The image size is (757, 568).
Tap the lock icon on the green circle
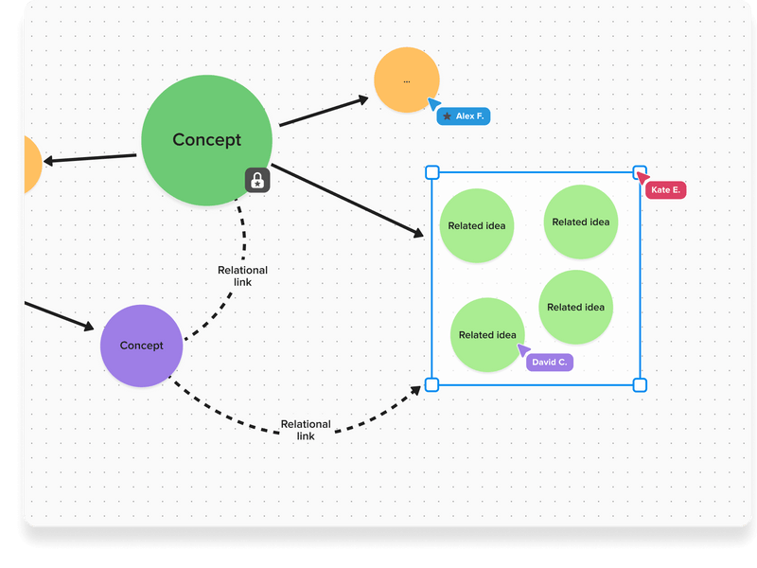tap(257, 180)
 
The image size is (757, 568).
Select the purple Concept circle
tap(141, 346)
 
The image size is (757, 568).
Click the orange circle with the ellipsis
tap(407, 80)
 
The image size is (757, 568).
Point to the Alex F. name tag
tap(464, 116)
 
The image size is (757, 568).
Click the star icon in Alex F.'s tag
tap(447, 116)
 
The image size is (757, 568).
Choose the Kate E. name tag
tap(665, 190)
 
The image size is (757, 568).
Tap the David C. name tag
tap(550, 363)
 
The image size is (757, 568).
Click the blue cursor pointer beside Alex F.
tap(433, 104)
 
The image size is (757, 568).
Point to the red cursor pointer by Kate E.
tap(642, 178)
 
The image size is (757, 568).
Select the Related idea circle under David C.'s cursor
tap(486, 334)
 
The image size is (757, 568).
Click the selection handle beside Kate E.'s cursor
tap(639, 172)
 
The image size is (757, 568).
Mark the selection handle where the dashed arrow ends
tap(431, 384)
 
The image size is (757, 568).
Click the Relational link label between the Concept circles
tap(242, 275)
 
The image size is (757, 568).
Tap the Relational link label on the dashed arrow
tap(306, 430)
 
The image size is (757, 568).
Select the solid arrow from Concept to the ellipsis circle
tap(322, 112)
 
